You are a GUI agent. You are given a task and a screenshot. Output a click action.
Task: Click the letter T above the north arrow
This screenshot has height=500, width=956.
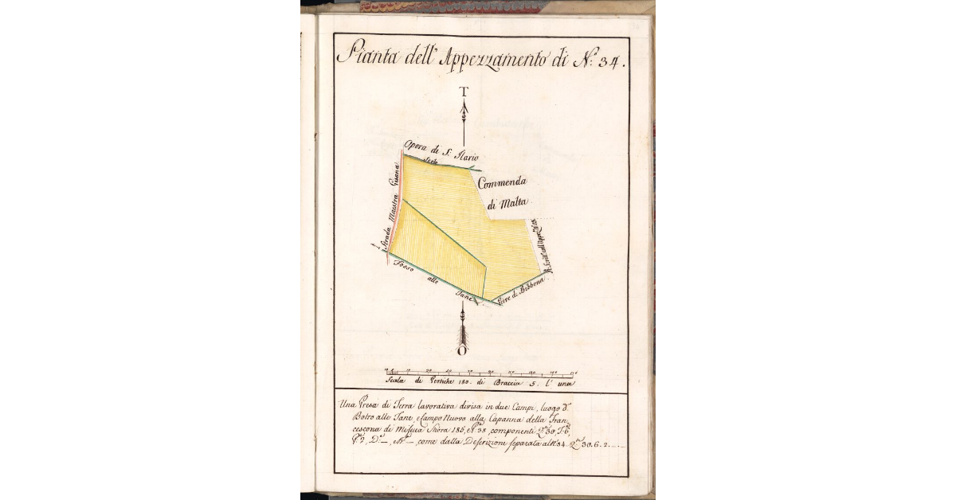click(x=464, y=91)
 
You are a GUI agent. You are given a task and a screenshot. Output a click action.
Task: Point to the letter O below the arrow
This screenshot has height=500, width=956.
click(x=462, y=350)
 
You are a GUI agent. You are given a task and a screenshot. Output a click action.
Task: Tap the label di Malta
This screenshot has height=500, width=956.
click(x=508, y=203)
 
